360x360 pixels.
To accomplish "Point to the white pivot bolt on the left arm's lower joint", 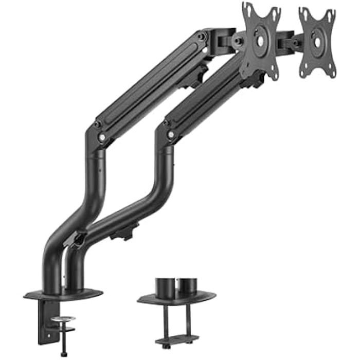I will (x=103, y=137).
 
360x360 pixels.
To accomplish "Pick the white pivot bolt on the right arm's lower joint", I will (x=170, y=135).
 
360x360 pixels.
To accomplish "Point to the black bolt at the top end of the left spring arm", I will (x=203, y=37).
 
